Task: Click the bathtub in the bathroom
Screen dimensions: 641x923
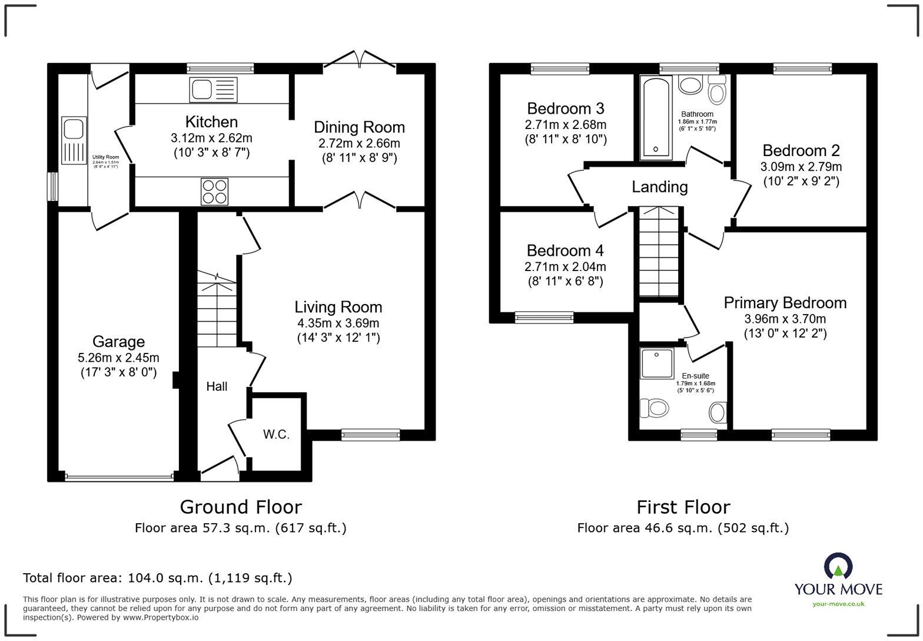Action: pyautogui.click(x=655, y=118)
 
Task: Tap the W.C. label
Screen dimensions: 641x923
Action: pyautogui.click(x=276, y=435)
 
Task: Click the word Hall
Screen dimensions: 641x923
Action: pyautogui.click(x=217, y=386)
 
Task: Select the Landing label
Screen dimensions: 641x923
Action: pyautogui.click(x=659, y=187)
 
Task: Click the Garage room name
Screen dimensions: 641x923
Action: pyautogui.click(x=118, y=342)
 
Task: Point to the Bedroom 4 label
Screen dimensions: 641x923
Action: pyautogui.click(x=565, y=250)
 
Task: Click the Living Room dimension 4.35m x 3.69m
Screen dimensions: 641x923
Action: pyautogui.click(x=338, y=323)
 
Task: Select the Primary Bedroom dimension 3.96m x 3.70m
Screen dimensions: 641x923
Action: pyautogui.click(x=785, y=319)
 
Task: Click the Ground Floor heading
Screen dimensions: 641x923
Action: pyautogui.click(x=240, y=507)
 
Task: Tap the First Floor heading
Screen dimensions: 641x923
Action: pyautogui.click(x=683, y=507)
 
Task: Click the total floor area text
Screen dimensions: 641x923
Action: pyautogui.click(x=157, y=578)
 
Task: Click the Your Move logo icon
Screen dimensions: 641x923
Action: pyautogui.click(x=838, y=566)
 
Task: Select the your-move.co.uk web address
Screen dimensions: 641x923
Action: pyautogui.click(x=838, y=603)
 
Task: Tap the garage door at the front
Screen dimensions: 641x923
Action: pyautogui.click(x=119, y=476)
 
